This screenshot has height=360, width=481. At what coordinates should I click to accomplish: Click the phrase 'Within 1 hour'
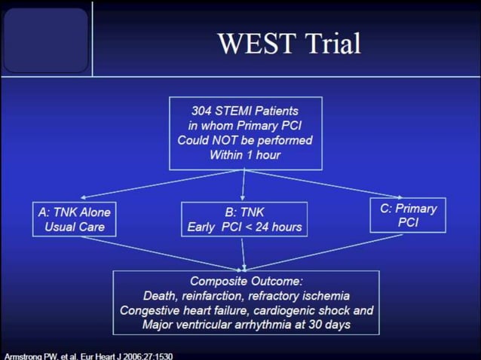pyautogui.click(x=245, y=155)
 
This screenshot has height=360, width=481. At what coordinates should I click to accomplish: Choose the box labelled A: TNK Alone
pyautogui.click(x=74, y=218)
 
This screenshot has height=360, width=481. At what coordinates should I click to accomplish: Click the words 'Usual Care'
pyautogui.click(x=74, y=227)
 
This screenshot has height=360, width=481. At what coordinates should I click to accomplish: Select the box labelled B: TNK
pyautogui.click(x=244, y=218)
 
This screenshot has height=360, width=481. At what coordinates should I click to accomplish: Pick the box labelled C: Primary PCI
pyautogui.click(x=408, y=215)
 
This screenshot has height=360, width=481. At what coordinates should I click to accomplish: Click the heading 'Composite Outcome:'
pyautogui.click(x=246, y=281)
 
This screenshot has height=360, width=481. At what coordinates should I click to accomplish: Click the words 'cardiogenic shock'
pyautogui.click(x=305, y=310)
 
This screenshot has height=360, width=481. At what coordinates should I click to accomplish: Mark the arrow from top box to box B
pyautogui.click(x=244, y=185)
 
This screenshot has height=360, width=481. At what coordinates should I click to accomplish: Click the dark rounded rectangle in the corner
pyautogui.click(x=46, y=40)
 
